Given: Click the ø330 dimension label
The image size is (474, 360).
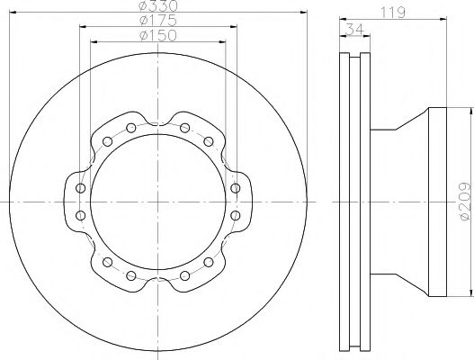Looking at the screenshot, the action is (158, 5).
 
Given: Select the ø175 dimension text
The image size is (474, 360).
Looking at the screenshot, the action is (158, 21).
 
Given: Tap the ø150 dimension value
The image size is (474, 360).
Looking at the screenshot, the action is (158, 35).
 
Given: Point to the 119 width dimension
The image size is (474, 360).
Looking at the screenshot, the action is (392, 13).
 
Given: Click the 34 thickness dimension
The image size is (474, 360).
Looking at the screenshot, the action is (354, 30).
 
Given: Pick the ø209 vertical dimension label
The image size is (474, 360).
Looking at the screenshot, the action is (465, 202).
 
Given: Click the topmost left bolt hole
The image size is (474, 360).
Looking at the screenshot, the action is (131, 128).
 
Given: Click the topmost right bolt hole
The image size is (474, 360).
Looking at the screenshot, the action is (184, 128).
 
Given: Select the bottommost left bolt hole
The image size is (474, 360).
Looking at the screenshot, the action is (131, 275).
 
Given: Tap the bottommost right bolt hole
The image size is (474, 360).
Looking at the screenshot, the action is (184, 275).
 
